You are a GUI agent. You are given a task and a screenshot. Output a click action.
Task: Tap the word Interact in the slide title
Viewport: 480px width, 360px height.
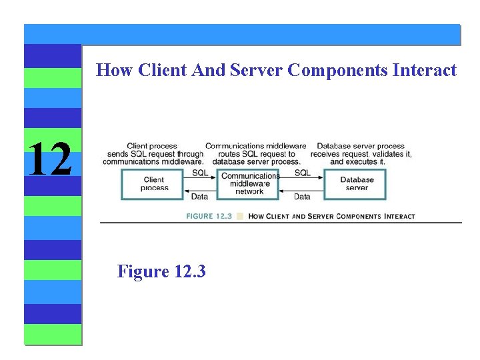tap(426, 70)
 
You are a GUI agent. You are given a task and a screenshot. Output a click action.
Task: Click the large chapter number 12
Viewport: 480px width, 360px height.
tap(51, 159)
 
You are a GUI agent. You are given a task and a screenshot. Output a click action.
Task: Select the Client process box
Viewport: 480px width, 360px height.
tap(153, 183)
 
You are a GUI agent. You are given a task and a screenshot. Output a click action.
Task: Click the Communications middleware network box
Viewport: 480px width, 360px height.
tap(250, 183)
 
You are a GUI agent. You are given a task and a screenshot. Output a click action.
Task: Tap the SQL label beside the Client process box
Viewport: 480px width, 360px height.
tap(200, 173)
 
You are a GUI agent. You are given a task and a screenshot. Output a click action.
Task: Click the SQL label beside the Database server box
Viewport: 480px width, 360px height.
tap(302, 173)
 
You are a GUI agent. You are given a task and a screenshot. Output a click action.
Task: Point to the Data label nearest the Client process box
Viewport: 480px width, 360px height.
tap(199, 197)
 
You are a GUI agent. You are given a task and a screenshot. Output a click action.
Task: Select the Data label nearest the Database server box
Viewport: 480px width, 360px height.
tap(302, 197)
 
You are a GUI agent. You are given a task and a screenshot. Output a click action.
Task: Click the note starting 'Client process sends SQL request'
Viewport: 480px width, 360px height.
tap(153, 154)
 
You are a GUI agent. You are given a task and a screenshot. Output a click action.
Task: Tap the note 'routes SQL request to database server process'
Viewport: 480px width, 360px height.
tap(255, 154)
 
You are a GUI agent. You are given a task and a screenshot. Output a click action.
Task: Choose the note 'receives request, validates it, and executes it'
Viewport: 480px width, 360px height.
tap(361, 154)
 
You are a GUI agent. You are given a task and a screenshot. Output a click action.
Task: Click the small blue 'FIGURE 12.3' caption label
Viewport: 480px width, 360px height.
tap(209, 216)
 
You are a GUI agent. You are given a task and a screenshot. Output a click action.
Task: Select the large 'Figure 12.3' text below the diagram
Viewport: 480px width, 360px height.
tap(161, 271)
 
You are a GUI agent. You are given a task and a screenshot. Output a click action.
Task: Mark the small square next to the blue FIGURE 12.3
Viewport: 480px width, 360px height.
tap(241, 216)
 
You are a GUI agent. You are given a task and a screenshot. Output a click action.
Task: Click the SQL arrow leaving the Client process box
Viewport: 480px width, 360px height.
tap(200, 179)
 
